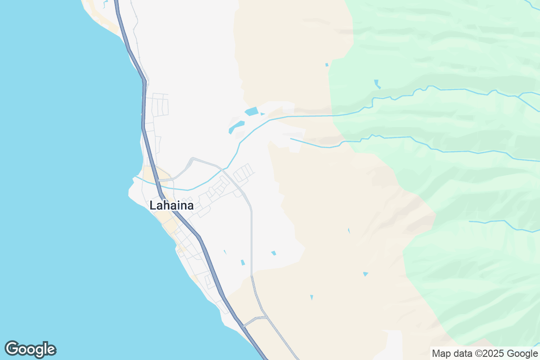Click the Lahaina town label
click(171, 206)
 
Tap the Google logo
click(31, 349)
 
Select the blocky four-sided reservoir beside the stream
click(252, 111)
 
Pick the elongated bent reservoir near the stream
click(236, 126)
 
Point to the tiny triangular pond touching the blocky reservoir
click(262, 114)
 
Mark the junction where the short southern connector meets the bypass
click(267, 318)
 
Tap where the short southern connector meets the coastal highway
click(243, 325)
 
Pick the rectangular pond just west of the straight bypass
click(243, 262)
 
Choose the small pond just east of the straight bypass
click(273, 253)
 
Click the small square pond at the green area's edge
click(327, 65)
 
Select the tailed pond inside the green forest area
click(377, 84)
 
